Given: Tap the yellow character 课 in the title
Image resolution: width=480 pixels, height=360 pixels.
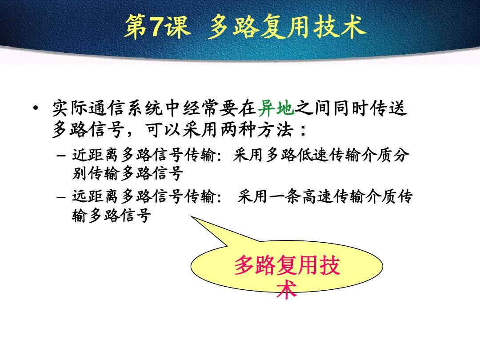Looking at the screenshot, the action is coord(177,27).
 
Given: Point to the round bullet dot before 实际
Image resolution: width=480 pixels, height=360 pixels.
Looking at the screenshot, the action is coord(36,108).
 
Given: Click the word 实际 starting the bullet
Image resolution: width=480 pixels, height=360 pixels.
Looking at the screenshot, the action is coord(70,108).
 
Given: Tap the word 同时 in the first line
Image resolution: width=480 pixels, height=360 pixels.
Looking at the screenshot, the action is coord(352,108).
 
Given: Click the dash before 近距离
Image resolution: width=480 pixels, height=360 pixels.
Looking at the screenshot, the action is coord(61,156).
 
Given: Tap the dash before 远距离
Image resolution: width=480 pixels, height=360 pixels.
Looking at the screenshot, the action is coord(61,196).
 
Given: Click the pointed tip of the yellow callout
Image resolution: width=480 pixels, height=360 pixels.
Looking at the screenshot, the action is coord(191,216).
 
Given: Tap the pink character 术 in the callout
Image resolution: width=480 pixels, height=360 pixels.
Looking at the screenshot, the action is coord(287,289).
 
